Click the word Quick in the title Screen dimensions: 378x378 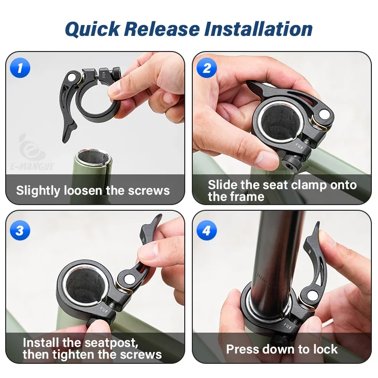(92, 29)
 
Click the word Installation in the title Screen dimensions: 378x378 (258, 29)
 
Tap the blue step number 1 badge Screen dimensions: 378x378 (20, 68)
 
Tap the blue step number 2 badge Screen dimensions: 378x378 (206, 68)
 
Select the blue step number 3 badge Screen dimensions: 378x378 (20, 230)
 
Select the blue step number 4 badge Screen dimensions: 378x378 (206, 230)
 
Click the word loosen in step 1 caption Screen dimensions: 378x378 (83, 190)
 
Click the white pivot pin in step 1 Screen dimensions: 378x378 (72, 77)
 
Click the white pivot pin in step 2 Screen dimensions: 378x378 (324, 113)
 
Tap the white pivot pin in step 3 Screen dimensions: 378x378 (129, 279)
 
